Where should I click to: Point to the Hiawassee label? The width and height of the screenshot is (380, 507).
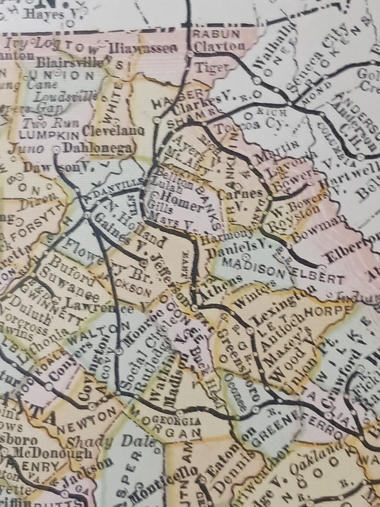141,49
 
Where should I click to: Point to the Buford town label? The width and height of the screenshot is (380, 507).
65,266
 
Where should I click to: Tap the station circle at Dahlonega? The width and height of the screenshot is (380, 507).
57,150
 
